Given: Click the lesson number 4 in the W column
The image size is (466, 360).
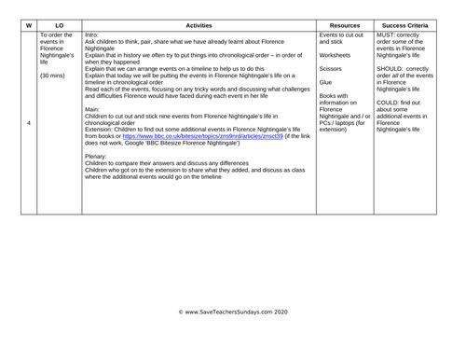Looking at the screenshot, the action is point(28,123).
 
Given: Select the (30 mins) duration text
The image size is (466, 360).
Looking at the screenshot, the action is point(54,76).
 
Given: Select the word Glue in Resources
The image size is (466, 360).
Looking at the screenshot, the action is point(325,82).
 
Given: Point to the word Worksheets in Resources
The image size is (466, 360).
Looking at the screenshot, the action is point(336,55).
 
